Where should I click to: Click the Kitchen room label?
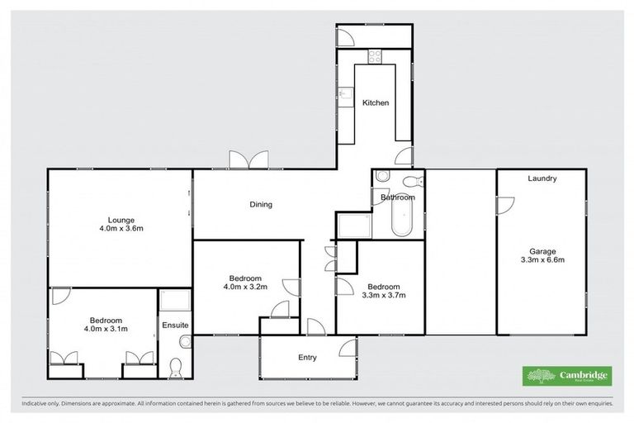point(375,102)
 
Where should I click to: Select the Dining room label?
point(262,204)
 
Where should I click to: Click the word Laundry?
point(542,178)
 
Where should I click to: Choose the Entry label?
point(307,358)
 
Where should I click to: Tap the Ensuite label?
point(174,324)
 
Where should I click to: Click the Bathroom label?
point(397,197)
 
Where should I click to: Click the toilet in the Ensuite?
point(175,368)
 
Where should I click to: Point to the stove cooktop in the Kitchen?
point(373,58)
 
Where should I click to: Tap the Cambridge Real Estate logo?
point(568,376)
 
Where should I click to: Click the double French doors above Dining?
point(249,159)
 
